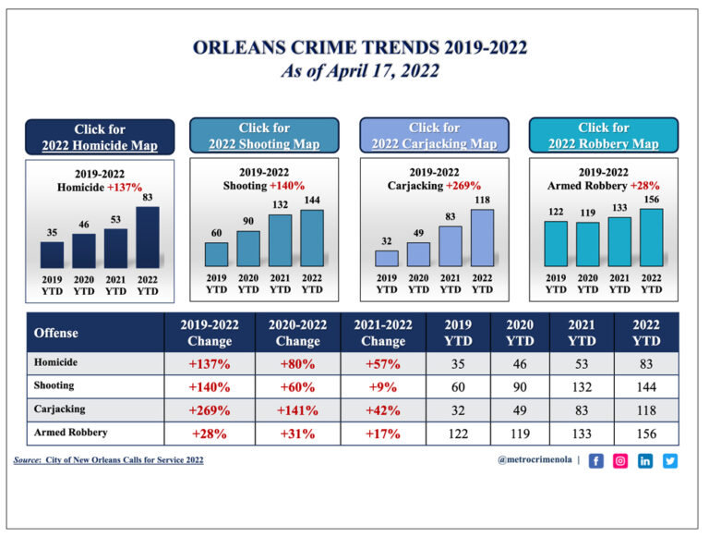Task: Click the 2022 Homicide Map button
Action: pos(100,137)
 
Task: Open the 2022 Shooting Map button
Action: pos(264,135)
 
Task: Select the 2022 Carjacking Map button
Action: pos(434,135)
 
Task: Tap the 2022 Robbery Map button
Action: pos(604,135)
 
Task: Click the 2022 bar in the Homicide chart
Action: pos(148,237)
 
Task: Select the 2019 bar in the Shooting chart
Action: pos(216,254)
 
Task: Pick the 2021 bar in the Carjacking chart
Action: pos(450,246)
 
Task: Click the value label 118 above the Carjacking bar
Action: pos(482,200)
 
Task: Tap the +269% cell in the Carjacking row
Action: pos(209,409)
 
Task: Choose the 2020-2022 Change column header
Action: pos(297,332)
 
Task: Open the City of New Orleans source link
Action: pos(124,459)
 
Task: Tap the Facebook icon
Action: pos(595,460)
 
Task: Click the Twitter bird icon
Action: pos(669,460)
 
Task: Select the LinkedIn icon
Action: pos(645,460)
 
